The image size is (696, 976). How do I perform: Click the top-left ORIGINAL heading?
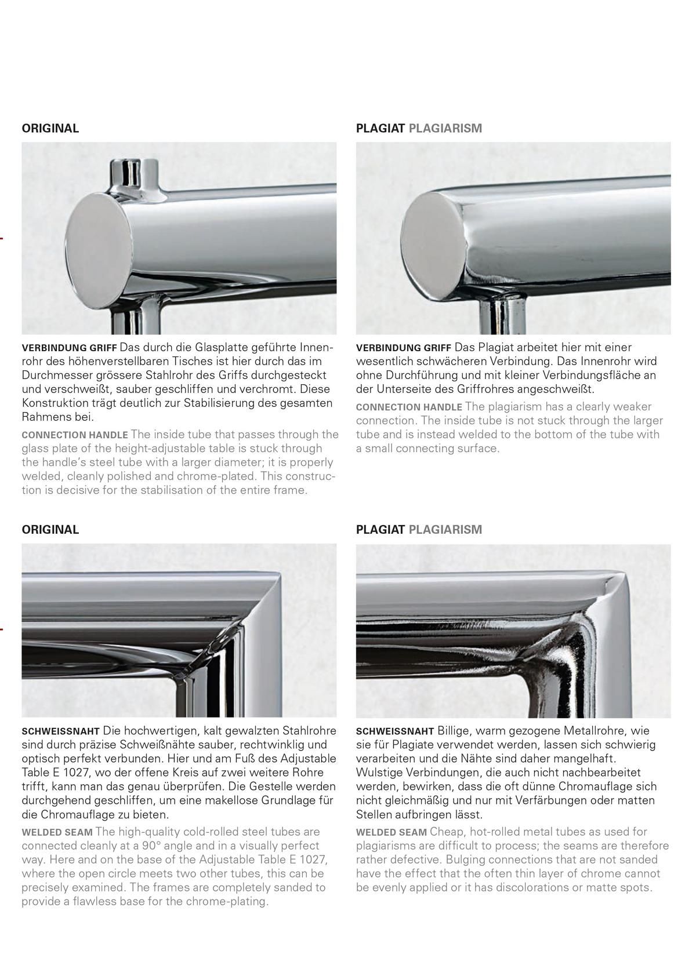50,129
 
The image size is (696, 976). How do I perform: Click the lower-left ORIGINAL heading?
50,530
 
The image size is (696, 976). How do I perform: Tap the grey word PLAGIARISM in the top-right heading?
445,129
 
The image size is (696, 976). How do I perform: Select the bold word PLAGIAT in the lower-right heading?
380,530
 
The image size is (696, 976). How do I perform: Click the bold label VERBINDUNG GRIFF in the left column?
69,349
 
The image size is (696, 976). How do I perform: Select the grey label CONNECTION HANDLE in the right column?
409,407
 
